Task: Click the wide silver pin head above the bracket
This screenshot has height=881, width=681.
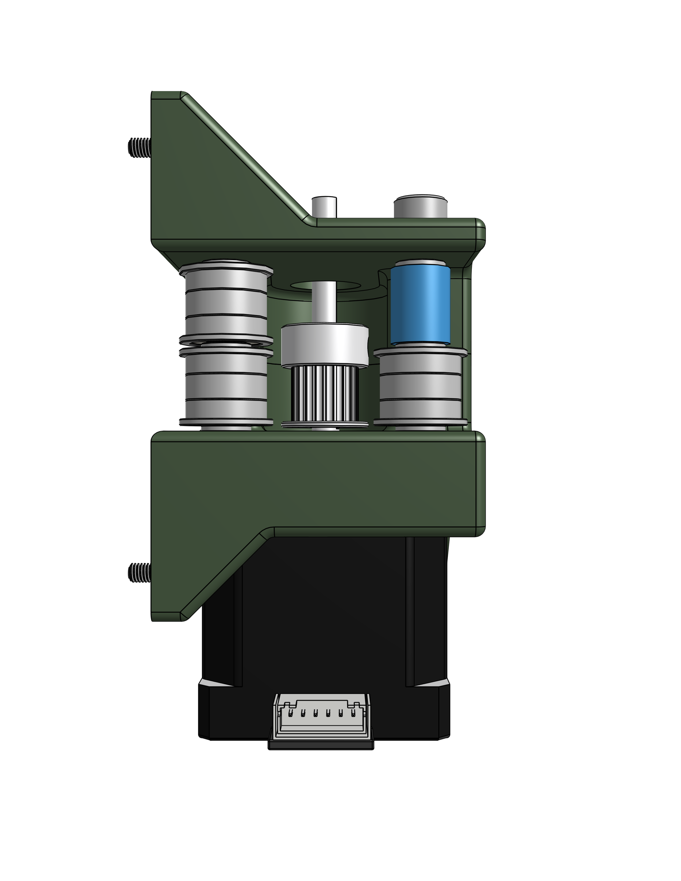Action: (420, 207)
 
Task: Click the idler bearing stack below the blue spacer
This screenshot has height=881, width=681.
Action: (420, 387)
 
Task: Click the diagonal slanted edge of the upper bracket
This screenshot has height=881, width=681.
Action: (242, 157)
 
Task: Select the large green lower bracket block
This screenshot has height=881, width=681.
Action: (319, 484)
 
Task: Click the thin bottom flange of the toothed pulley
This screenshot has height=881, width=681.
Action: (325, 424)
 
